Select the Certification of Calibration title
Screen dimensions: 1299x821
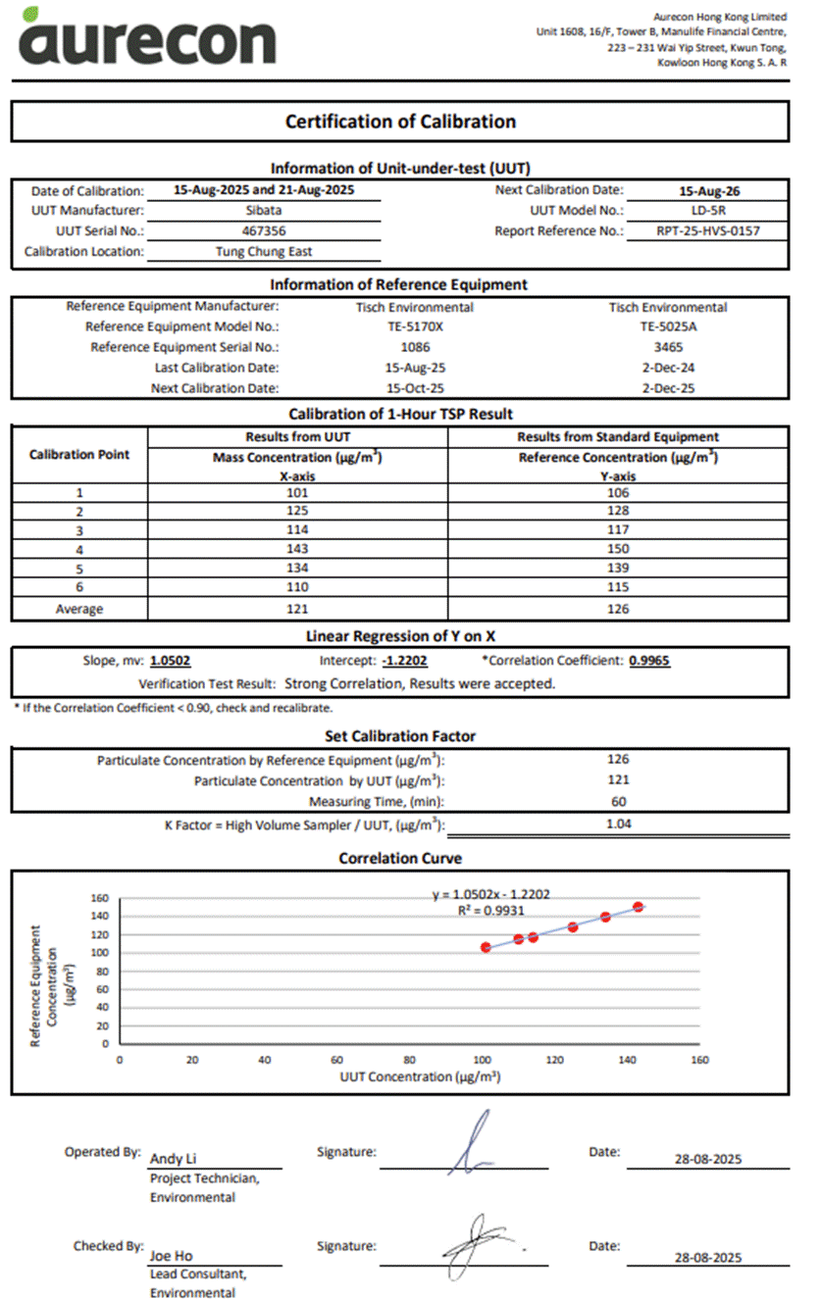pyautogui.click(x=400, y=122)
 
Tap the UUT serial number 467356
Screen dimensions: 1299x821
pyautogui.click(x=264, y=231)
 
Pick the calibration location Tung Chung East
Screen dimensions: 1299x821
pyautogui.click(x=264, y=252)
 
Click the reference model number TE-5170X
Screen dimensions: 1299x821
pyautogui.click(x=416, y=326)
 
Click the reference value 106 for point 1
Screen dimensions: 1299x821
pyautogui.click(x=618, y=492)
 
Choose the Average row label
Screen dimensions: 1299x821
pyautogui.click(x=78, y=609)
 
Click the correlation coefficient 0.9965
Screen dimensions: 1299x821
pyautogui.click(x=649, y=661)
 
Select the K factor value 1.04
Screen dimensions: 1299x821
pyautogui.click(x=618, y=824)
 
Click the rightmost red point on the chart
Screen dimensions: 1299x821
pyautogui.click(x=639, y=907)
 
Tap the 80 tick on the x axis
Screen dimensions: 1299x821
pyautogui.click(x=409, y=1060)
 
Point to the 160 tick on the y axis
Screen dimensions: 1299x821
pyautogui.click(x=98, y=898)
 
